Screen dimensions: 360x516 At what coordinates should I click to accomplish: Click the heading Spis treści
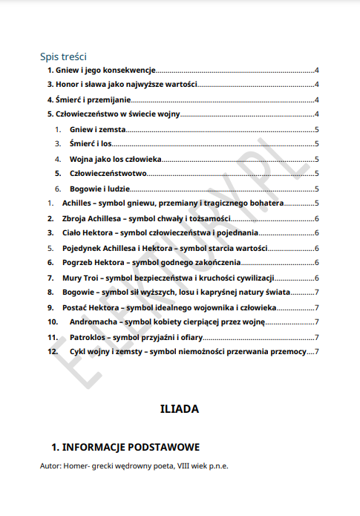point(64,56)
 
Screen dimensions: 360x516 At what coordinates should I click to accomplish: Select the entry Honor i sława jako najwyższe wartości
point(122,85)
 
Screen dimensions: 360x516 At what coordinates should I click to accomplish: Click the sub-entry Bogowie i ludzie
point(100,189)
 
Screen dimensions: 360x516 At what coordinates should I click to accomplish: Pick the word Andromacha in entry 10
point(96,321)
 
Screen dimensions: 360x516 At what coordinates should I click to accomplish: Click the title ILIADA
point(179,408)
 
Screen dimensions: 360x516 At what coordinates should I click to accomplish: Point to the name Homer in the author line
point(76,466)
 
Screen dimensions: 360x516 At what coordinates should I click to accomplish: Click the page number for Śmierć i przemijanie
point(317,100)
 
